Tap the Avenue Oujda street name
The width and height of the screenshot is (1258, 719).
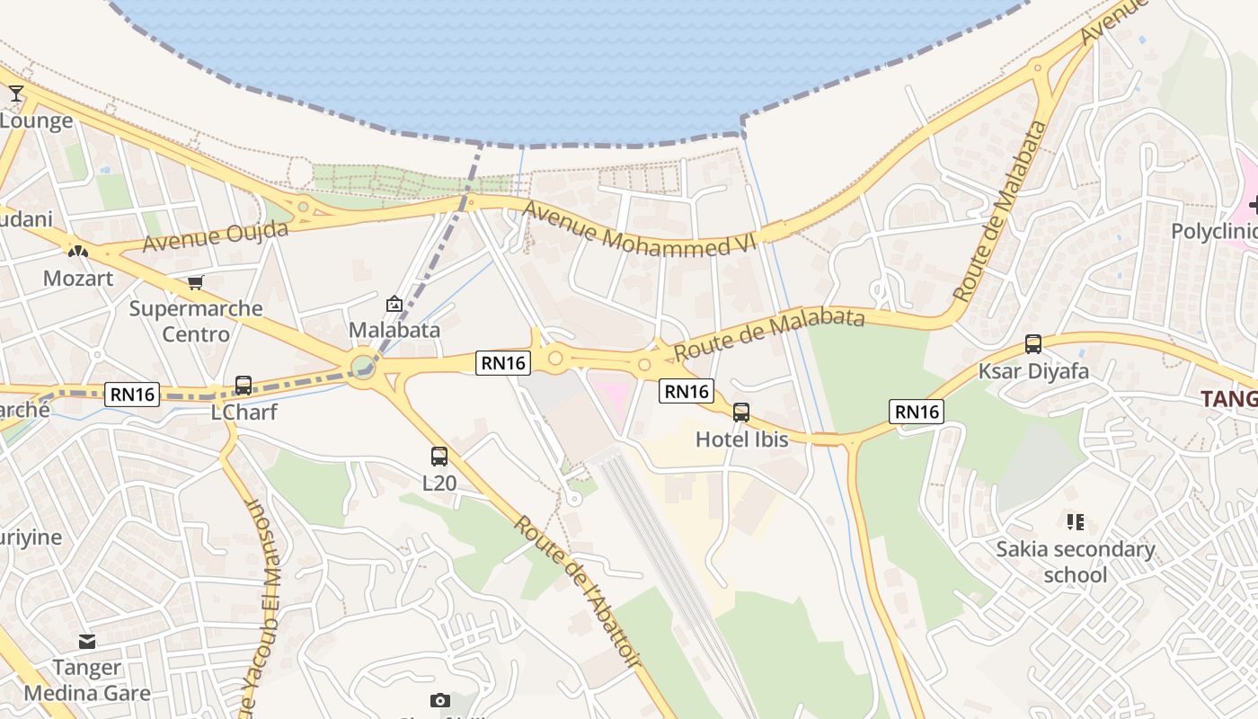(x=216, y=235)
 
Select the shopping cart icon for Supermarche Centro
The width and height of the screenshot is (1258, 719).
(x=196, y=283)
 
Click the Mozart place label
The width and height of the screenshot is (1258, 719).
(x=78, y=278)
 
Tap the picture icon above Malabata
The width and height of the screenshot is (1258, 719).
(x=394, y=305)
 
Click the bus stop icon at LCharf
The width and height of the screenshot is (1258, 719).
(x=244, y=386)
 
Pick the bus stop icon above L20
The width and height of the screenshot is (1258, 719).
(x=439, y=457)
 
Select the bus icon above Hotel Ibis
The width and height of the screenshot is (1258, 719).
(x=741, y=413)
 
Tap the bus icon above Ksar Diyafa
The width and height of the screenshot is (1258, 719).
(x=1033, y=344)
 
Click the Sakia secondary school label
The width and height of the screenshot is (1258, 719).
(x=1076, y=562)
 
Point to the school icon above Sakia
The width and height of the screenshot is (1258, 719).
(x=1076, y=521)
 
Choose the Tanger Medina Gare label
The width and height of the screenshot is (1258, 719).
(x=87, y=680)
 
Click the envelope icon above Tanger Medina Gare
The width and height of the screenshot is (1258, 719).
(x=87, y=642)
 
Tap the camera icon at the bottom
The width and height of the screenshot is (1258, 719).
(x=440, y=700)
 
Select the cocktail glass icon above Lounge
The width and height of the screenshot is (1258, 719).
(x=16, y=93)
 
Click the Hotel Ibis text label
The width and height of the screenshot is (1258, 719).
(x=742, y=439)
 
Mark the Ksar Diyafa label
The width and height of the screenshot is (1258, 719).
(x=1033, y=371)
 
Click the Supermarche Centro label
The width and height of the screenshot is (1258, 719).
(x=196, y=322)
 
